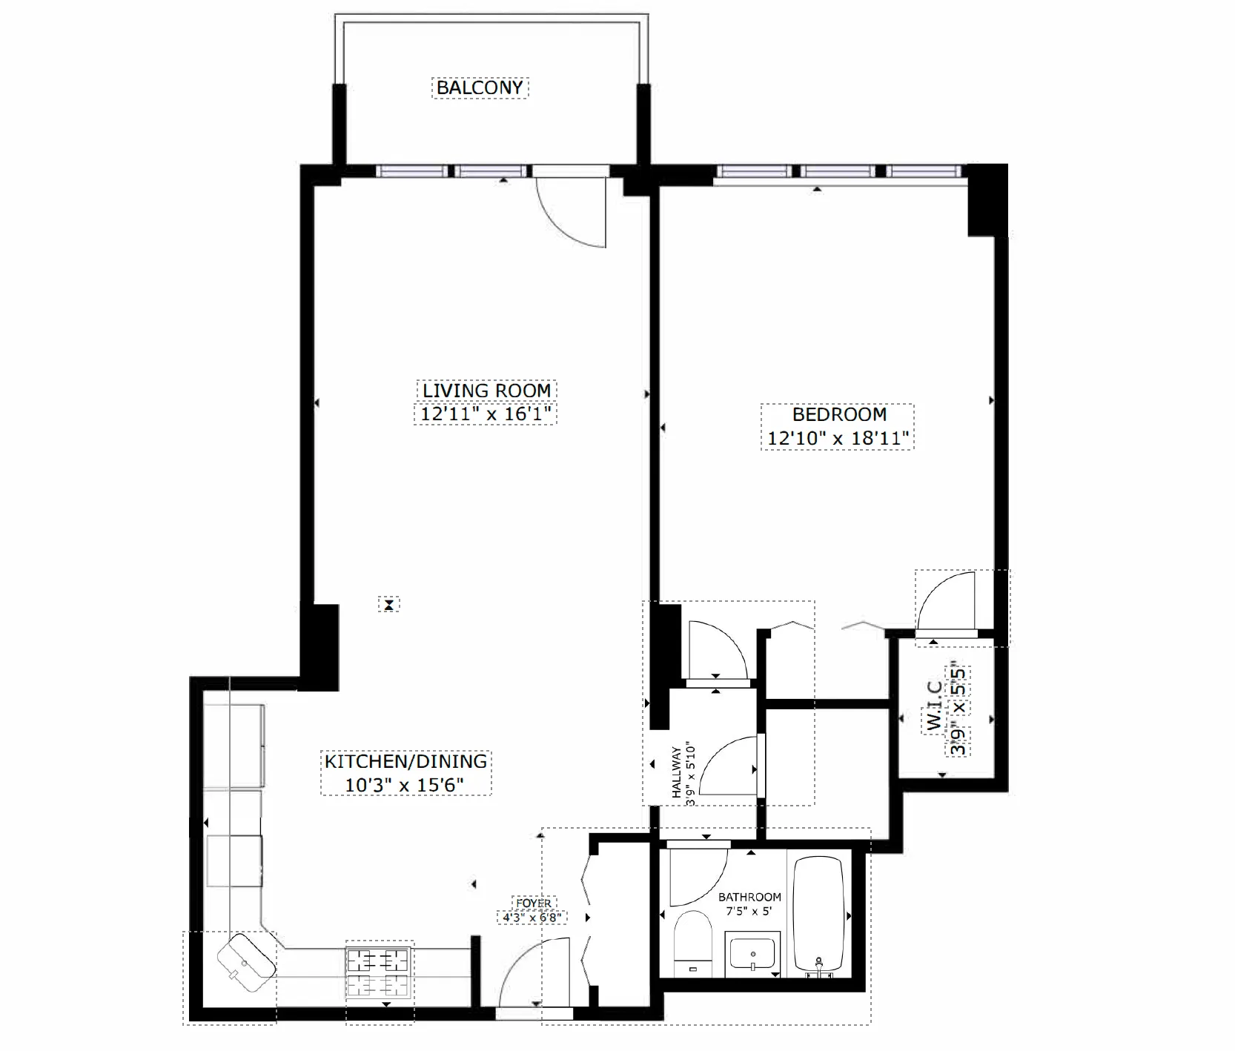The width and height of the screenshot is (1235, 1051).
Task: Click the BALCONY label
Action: click(x=480, y=87)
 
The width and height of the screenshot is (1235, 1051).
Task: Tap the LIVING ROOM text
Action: click(x=486, y=390)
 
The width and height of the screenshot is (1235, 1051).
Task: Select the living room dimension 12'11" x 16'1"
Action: click(x=486, y=414)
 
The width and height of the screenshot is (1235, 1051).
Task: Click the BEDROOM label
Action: click(x=839, y=414)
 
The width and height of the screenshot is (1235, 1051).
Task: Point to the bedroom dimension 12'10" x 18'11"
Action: click(x=838, y=438)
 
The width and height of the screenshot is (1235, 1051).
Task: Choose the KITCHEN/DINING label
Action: click(x=405, y=761)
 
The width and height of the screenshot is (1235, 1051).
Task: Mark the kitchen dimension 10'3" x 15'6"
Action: click(x=405, y=785)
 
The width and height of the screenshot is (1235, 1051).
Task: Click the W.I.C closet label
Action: click(x=936, y=707)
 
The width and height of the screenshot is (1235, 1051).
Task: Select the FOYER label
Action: click(x=534, y=904)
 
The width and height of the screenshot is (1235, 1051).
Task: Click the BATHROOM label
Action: click(x=749, y=897)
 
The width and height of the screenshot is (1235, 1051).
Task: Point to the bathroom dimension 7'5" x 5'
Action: click(x=749, y=911)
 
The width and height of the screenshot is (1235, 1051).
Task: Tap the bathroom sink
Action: click(x=752, y=953)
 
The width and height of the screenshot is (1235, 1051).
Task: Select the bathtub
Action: click(x=819, y=915)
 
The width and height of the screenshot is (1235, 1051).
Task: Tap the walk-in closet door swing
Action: click(x=946, y=600)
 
